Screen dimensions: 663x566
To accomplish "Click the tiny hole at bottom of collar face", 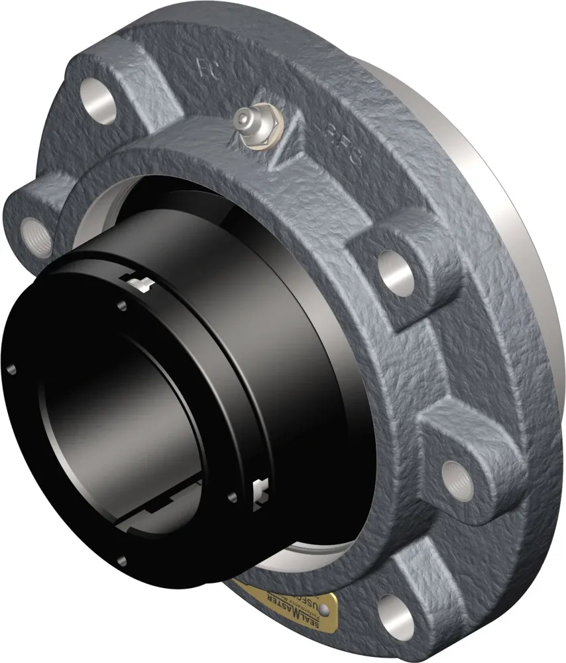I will pyautogui.click(x=121, y=561).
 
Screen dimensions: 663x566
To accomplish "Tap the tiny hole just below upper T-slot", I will pyautogui.click(x=121, y=306).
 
